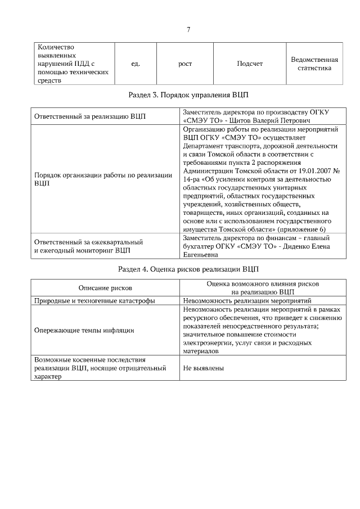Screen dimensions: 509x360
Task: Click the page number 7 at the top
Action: (x=188, y=30)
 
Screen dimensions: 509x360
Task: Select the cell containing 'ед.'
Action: (x=135, y=64)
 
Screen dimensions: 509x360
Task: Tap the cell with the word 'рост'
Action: (x=185, y=64)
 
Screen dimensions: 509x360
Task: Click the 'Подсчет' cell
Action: (x=250, y=64)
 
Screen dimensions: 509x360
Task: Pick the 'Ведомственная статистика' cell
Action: (x=314, y=64)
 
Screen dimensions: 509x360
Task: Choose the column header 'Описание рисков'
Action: (x=105, y=288)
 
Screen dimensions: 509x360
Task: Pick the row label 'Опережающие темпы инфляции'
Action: (x=84, y=330)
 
